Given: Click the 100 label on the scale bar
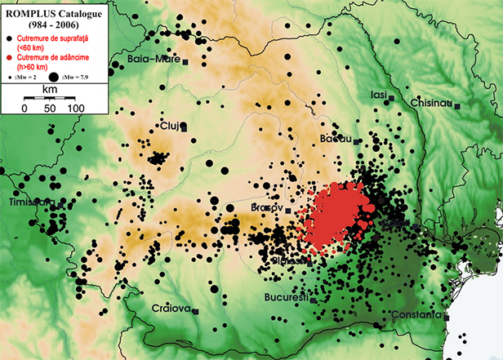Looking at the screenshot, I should (75, 107).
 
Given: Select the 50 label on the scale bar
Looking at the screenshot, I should (50, 107).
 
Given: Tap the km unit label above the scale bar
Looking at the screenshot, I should (50, 86).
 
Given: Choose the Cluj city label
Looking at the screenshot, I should (169, 126).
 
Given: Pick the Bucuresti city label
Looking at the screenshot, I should (287, 298).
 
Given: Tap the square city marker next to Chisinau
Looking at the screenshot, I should (457, 105).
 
